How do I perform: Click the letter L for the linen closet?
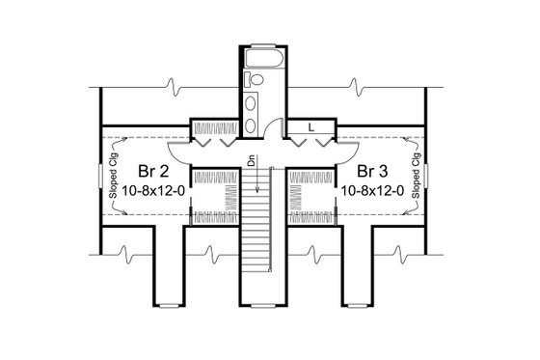click(x=311, y=125)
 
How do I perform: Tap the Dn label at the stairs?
click(x=251, y=165)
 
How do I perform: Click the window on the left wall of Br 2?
click(x=99, y=177)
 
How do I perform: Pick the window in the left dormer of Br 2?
click(x=168, y=305)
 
